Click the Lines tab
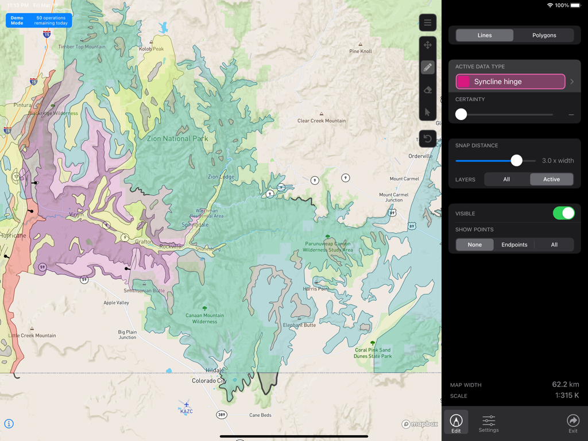485,35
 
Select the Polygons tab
544,35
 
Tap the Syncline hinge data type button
510,82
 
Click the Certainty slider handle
461,114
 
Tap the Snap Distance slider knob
516,161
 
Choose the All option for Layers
506,179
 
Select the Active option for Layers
551,179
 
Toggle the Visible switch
563,213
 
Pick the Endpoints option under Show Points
514,245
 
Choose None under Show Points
475,245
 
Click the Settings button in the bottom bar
489,423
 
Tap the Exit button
572,423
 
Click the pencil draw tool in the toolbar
427,67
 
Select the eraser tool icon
427,90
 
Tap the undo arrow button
427,138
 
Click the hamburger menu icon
427,23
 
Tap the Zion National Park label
177,138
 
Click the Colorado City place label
208,381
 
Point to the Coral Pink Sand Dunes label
373,353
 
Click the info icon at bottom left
9,424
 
